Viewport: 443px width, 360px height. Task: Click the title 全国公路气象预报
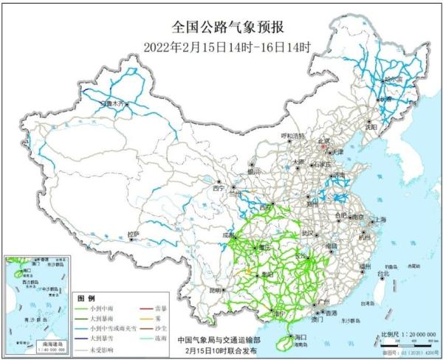pyautogui.click(x=221, y=28)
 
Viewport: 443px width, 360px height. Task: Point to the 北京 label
pyautogui.click(x=323, y=141)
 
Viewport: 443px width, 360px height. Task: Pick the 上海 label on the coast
pyautogui.click(x=381, y=220)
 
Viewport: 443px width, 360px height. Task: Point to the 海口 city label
pyautogui.click(x=300, y=335)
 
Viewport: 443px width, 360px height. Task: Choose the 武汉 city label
pyautogui.click(x=305, y=233)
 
